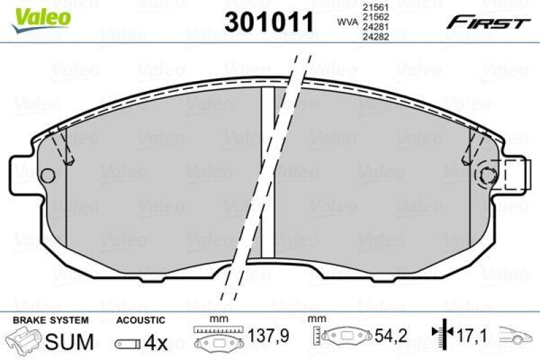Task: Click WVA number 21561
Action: click(374, 7)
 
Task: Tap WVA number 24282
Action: click(374, 38)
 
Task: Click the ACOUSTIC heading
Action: click(140, 319)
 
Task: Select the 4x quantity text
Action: click(156, 342)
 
